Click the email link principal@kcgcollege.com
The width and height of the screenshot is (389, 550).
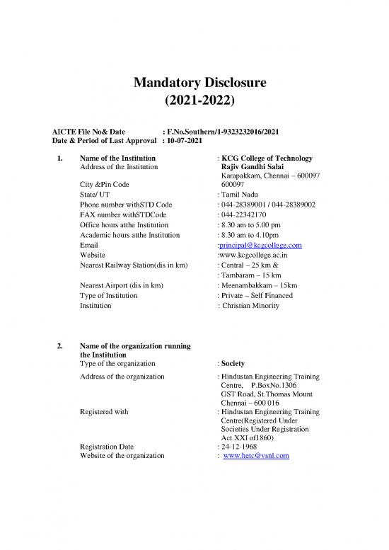pos(261,245)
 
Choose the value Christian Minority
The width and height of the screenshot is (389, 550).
pos(251,306)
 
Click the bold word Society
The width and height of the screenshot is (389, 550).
pos(234,363)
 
